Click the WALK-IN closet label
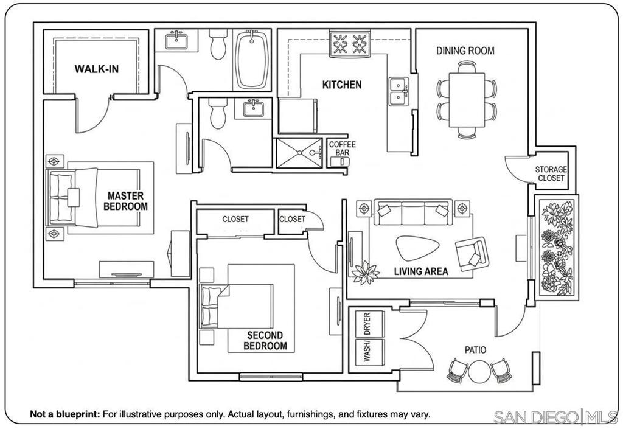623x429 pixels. pos(97,69)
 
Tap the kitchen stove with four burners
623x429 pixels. pos(350,44)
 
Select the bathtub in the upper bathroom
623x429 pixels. pos(251,60)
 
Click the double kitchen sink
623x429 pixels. pos(399,91)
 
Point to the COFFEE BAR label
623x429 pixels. pos(342,148)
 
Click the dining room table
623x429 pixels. pos(467,100)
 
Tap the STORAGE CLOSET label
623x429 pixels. pos(551,173)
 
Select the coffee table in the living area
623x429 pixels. pos(417,248)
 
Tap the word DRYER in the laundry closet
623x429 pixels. pos(367,323)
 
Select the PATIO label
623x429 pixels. pos(475,350)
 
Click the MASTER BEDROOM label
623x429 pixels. pos(125,201)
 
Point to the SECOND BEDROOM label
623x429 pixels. pos(265,340)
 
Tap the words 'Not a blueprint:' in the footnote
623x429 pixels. pos(65,415)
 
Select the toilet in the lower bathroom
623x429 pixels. pos(218,114)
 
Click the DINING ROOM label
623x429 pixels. pos(465,51)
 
